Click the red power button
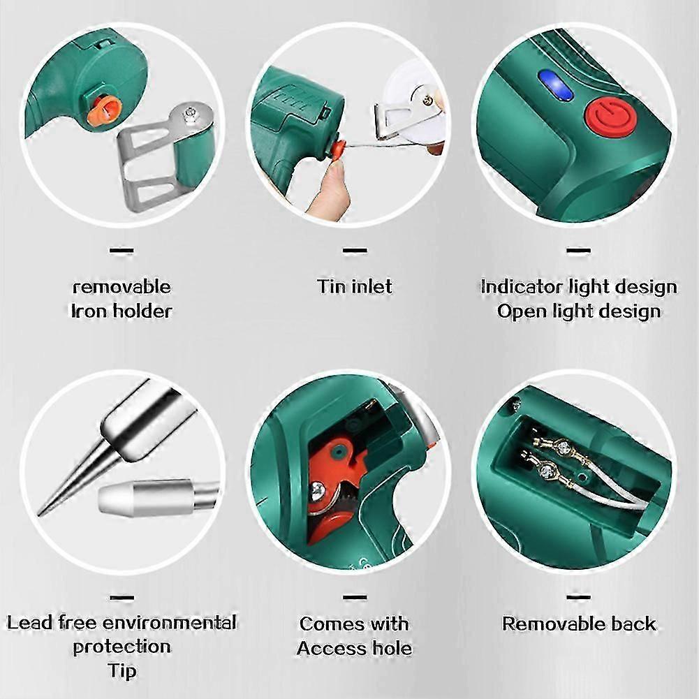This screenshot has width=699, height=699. pos(605,117)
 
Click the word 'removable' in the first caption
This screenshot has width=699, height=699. pos(122,286)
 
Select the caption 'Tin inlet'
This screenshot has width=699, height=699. pos(355,286)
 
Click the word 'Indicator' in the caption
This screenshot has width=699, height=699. pos(520,286)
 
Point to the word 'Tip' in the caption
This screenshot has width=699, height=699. pos(122,671)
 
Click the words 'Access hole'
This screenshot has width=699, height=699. pos(355,648)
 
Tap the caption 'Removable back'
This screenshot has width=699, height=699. pos(579,624)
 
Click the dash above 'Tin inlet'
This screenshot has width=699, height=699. pos(355,249)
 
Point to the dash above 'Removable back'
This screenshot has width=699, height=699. pos(579,597)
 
